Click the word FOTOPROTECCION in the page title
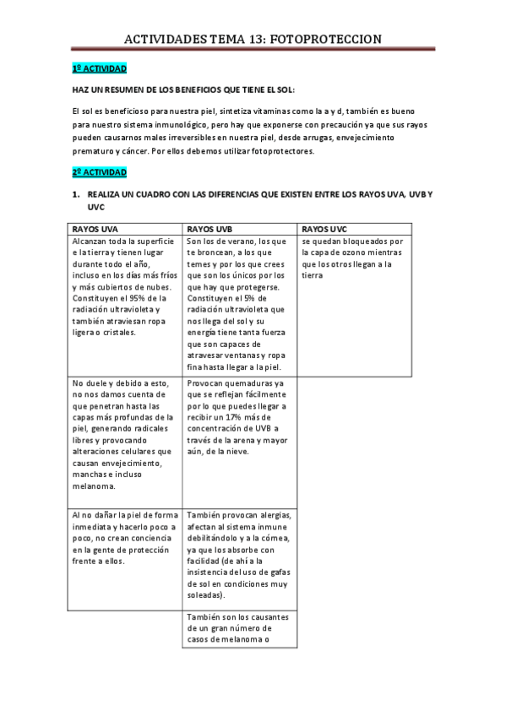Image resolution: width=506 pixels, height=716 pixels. click(332, 39)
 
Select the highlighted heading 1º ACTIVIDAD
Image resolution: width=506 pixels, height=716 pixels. click(99, 68)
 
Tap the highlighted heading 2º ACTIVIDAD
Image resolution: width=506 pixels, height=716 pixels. click(99, 172)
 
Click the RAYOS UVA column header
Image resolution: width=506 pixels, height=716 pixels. click(95, 229)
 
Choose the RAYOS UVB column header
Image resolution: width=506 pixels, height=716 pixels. click(210, 229)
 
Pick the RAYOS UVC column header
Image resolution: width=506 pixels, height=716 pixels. click(324, 229)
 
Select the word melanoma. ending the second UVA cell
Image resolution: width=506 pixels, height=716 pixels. click(94, 485)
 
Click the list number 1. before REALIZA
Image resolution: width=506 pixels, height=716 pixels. click(75, 195)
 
